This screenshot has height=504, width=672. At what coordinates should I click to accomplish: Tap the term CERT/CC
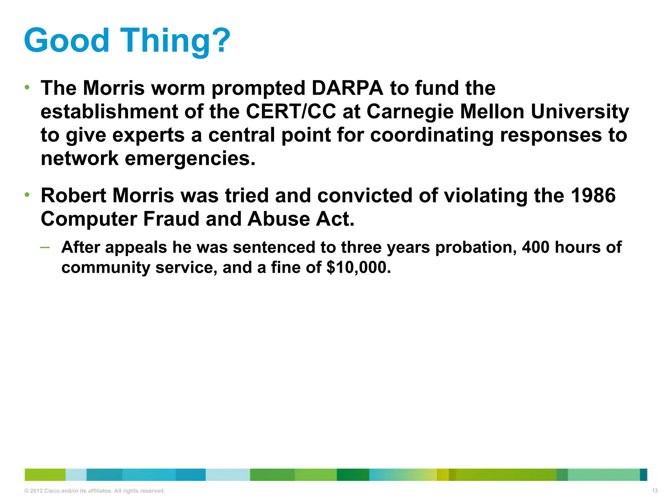[x=291, y=112]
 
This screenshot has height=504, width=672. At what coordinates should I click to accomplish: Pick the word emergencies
[x=190, y=159]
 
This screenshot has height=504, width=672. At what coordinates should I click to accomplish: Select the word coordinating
[x=432, y=136]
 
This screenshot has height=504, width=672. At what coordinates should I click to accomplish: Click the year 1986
[x=593, y=196]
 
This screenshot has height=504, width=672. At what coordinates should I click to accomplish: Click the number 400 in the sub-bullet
[x=535, y=247]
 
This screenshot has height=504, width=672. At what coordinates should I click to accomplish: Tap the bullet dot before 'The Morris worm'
[x=27, y=88]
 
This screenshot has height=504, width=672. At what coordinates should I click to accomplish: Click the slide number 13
[x=655, y=491]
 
